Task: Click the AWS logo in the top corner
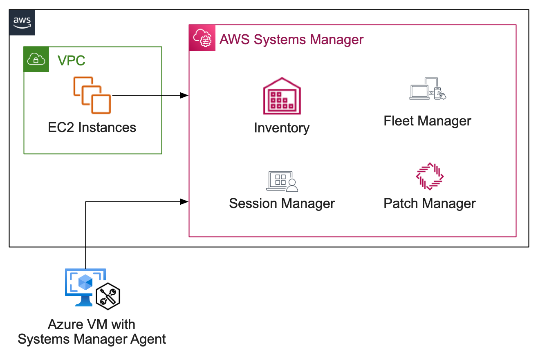22,22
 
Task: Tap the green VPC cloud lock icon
36,59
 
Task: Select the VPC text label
72,60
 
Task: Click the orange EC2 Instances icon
92,95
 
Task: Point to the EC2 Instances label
92,127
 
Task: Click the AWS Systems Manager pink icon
202,38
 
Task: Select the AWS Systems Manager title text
291,40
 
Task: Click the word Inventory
282,128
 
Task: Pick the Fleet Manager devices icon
428,89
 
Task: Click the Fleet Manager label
428,121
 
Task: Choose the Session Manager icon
282,181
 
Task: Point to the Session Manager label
282,203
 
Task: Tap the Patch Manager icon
430,176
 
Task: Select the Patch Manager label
430,203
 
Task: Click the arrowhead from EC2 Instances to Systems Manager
185,95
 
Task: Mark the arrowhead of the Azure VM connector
185,201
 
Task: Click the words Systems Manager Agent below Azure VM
92,339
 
